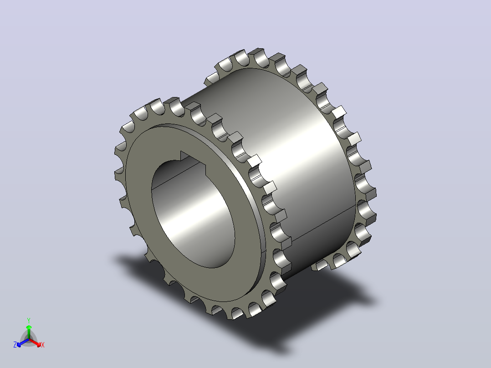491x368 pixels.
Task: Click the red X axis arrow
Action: tap(35, 342)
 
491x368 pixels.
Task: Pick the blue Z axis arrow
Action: tap(23, 342)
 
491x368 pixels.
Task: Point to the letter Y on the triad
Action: tap(29, 321)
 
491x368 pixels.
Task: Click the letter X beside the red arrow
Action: tap(43, 345)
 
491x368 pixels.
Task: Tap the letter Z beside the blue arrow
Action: tap(15, 345)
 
